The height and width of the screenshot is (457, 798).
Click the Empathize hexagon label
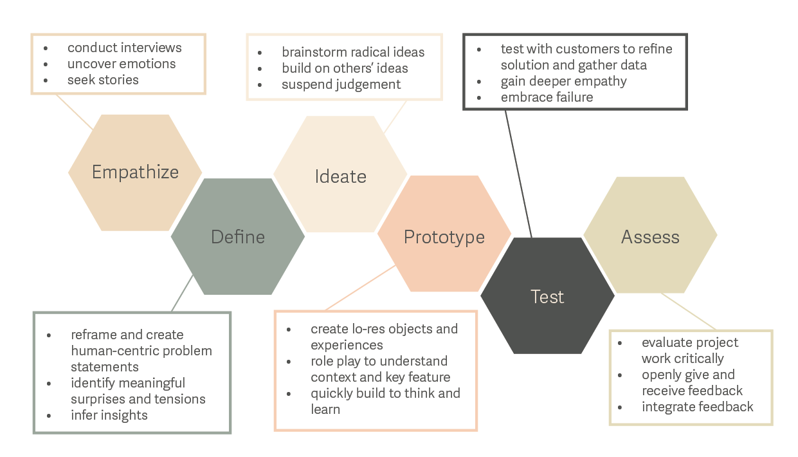(135, 173)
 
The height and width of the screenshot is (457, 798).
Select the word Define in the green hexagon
(238, 237)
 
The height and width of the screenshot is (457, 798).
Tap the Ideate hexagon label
(340, 176)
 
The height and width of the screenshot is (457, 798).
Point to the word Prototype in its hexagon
(444, 237)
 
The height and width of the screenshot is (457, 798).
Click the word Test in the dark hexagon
(547, 297)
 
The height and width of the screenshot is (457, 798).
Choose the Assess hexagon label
(650, 237)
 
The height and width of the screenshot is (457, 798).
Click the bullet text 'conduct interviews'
(124, 48)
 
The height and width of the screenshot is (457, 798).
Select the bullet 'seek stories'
(103, 80)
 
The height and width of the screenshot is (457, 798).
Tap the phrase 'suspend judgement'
(341, 84)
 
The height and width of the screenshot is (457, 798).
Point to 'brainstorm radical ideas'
(353, 52)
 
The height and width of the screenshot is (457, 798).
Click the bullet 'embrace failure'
(547, 97)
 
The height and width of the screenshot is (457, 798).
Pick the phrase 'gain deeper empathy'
(563, 81)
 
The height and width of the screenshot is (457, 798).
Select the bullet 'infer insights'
(109, 415)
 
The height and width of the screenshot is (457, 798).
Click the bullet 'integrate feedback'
(697, 407)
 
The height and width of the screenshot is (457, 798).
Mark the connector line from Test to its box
(518, 174)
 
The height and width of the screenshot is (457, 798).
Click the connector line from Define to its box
(183, 294)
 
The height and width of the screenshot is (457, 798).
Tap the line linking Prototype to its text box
(360, 288)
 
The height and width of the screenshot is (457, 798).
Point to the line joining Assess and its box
(688, 312)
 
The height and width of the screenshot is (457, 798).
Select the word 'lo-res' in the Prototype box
(372, 329)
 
